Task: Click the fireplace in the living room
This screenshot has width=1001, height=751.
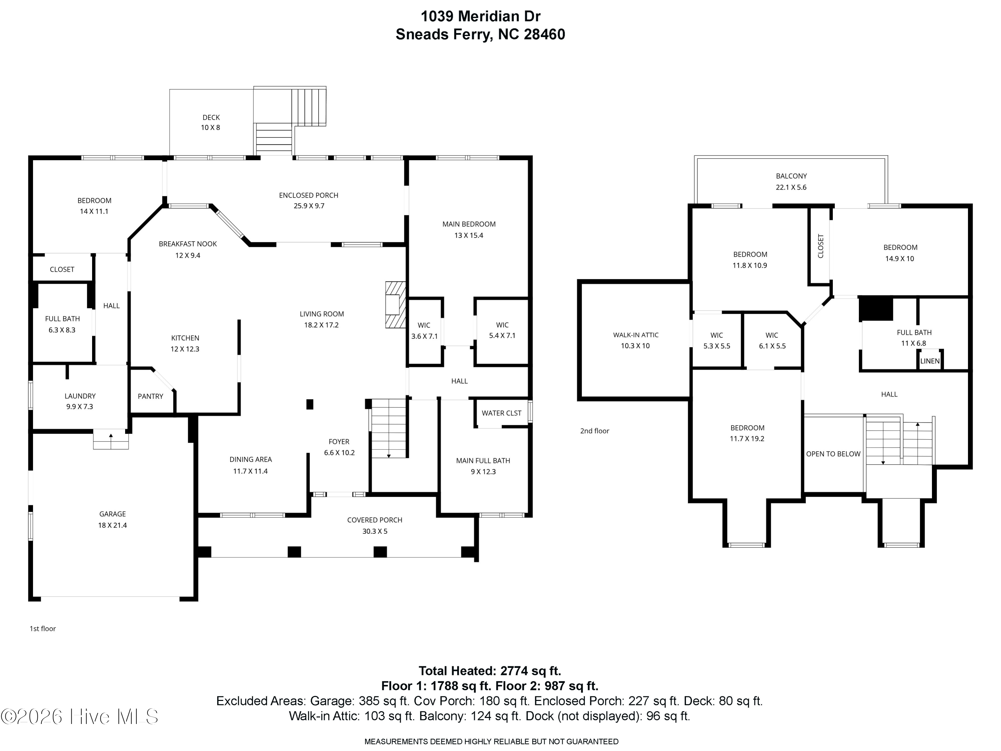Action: (395, 305)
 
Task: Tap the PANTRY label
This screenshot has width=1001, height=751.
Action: (150, 396)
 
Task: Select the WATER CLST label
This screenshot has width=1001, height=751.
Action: (502, 413)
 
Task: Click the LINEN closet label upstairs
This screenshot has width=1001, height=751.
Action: (930, 361)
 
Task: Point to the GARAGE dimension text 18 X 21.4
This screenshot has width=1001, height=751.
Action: (113, 525)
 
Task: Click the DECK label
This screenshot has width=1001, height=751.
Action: (211, 117)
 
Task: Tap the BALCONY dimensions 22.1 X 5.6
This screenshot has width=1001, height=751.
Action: (791, 187)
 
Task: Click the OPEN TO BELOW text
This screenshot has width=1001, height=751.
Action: (833, 454)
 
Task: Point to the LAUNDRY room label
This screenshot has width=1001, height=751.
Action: (80, 396)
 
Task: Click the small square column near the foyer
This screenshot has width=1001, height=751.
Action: (310, 404)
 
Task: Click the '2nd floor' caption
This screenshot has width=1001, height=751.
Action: (595, 431)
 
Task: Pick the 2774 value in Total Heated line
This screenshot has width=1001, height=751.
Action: (516, 671)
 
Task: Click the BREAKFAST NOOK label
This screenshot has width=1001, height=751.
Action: (188, 244)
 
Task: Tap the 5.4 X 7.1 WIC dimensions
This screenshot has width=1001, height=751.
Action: (502, 335)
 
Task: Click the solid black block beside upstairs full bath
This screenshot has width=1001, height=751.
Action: (876, 308)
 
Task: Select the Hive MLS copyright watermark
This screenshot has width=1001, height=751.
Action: (80, 717)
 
